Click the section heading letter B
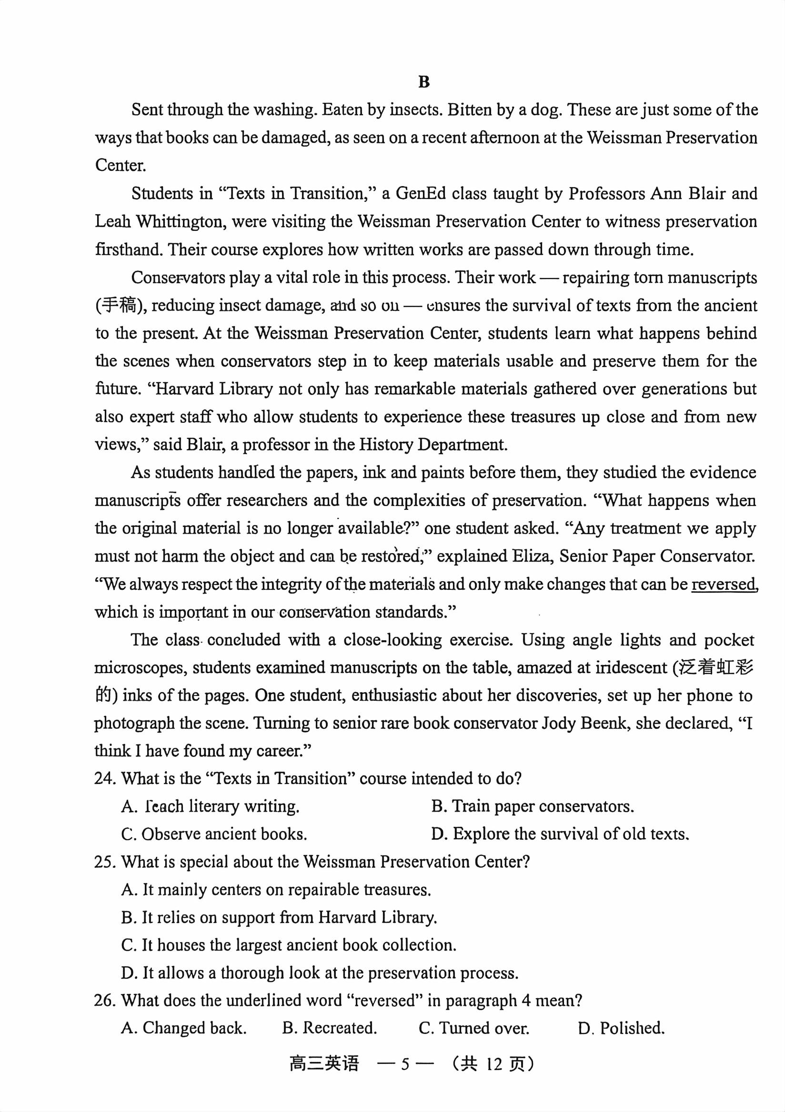coord(423,82)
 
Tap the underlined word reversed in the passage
coord(724,584)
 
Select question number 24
coord(105,779)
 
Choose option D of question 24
coord(560,834)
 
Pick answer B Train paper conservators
coord(533,806)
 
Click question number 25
coord(105,862)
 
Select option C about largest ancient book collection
coord(288,945)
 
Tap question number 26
coord(105,1001)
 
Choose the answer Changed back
coord(184,1028)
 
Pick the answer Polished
coord(621,1028)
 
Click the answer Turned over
coord(474,1028)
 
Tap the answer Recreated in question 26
coord(330,1028)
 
